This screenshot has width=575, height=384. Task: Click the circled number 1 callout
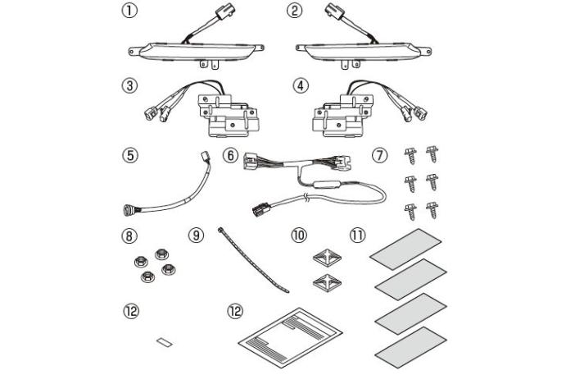tap(129, 11)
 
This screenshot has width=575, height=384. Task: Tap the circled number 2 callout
tap(294, 11)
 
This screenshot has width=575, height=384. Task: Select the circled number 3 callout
tap(129, 85)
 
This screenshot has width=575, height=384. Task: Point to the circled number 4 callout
tap(301, 85)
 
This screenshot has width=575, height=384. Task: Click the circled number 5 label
tap(130, 155)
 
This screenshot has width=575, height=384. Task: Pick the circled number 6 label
tap(230, 155)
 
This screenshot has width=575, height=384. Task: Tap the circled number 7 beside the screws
tap(379, 155)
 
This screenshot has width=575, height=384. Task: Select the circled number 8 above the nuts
tap(129, 235)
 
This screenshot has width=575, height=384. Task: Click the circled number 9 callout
tap(196, 235)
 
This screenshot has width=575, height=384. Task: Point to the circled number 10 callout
tap(299, 235)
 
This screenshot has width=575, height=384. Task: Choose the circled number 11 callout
tap(358, 235)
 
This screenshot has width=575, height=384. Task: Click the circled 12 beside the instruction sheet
tap(235, 312)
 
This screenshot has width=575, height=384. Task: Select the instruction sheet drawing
tap(291, 337)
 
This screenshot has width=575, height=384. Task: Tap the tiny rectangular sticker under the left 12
tap(165, 341)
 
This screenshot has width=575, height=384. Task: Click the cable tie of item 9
tap(253, 260)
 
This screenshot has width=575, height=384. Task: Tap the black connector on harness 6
tap(261, 210)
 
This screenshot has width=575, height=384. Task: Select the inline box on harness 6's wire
tap(325, 185)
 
